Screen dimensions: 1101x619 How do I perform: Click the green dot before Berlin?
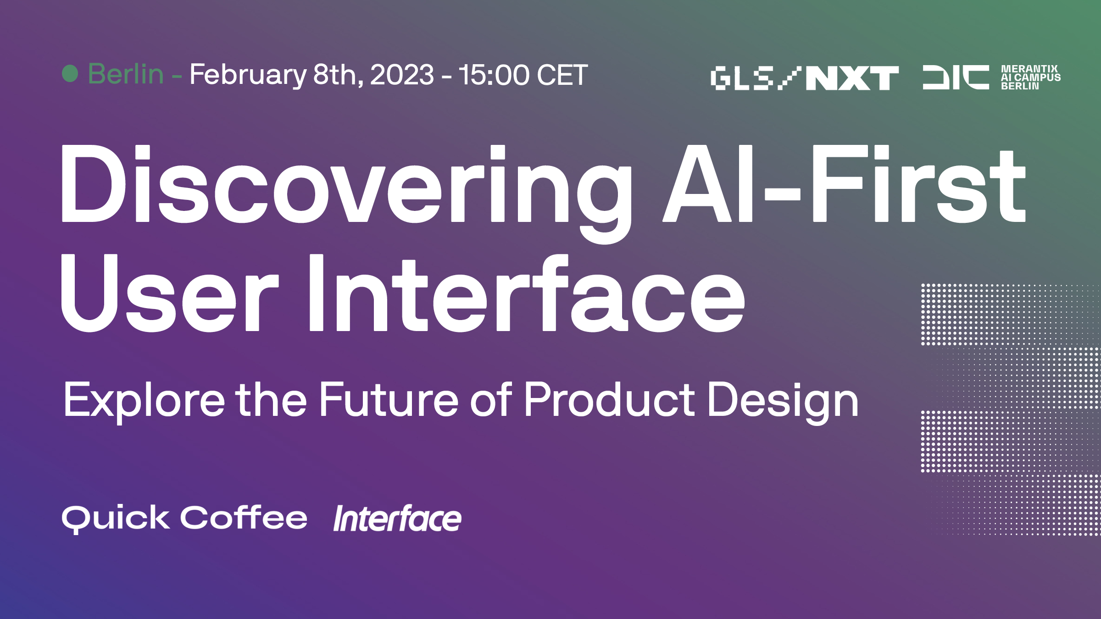pos(70,74)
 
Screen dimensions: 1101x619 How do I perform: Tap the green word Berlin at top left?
pos(126,74)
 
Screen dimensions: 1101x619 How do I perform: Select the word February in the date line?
pos(248,75)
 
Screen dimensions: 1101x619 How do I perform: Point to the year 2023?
pos(402,75)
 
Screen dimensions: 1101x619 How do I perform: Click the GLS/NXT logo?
pos(805,78)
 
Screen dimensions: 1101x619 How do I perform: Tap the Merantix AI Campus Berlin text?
pos(1031,77)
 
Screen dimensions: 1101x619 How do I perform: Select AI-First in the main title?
pos(844,184)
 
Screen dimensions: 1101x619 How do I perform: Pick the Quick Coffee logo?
pos(184,519)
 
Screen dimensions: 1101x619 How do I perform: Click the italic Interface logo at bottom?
pos(397,519)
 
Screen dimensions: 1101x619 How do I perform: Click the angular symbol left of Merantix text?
pos(956,77)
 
